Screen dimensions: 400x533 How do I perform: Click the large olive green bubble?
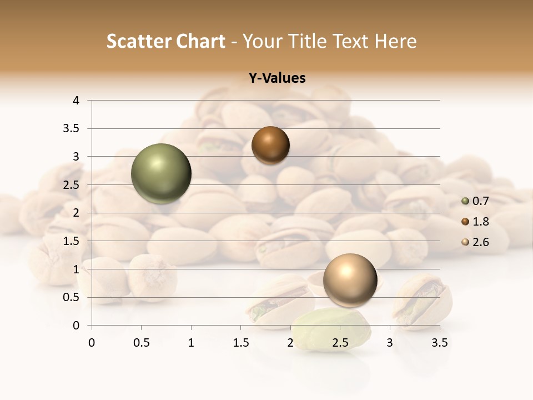point(162,174)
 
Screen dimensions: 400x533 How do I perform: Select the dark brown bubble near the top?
point(270,146)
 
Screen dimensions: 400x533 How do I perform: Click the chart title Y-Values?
point(276,78)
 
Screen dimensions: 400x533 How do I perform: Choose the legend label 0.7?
point(481,201)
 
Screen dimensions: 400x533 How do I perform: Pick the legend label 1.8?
point(481,222)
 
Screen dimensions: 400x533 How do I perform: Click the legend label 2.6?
point(481,242)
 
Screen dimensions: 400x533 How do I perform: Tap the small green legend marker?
point(465,201)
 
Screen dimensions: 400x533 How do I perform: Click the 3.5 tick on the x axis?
point(439,343)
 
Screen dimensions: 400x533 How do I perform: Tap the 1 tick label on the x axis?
point(191,343)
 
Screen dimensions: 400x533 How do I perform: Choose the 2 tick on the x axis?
point(290,343)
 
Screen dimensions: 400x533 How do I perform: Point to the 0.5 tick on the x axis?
point(141,343)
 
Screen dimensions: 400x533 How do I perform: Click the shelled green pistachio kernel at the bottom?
point(331,330)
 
